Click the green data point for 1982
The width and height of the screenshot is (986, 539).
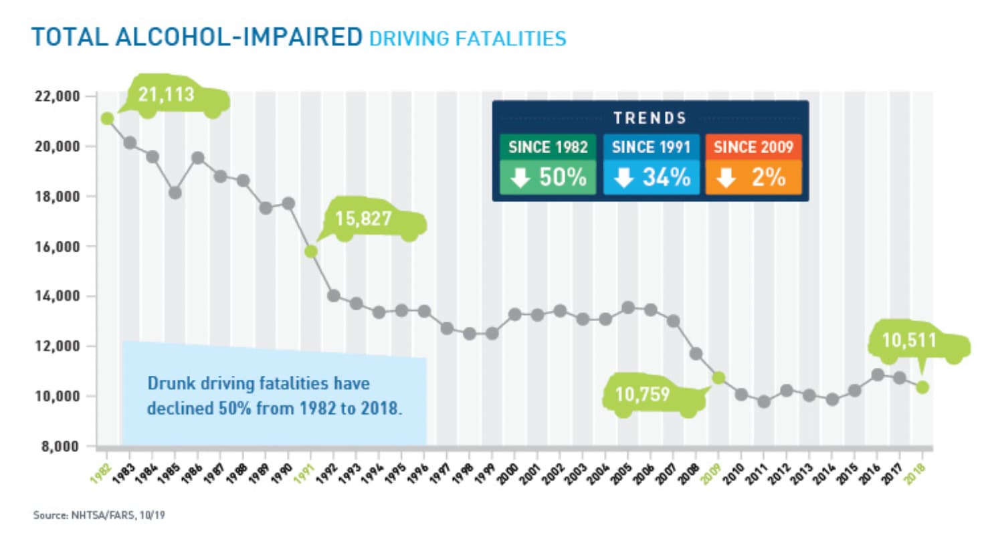pyautogui.click(x=107, y=118)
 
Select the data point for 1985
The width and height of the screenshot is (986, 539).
pyautogui.click(x=175, y=193)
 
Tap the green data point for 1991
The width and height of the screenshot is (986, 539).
pyautogui.click(x=311, y=251)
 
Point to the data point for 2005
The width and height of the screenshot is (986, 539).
pyautogui.click(x=628, y=308)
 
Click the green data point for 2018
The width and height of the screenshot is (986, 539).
pyautogui.click(x=922, y=387)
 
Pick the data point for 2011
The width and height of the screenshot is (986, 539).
pyautogui.click(x=764, y=402)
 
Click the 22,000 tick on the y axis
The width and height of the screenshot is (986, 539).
pyautogui.click(x=58, y=96)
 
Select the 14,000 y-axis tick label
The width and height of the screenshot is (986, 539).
pyautogui.click(x=58, y=296)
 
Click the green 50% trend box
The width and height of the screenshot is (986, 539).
pyautogui.click(x=547, y=178)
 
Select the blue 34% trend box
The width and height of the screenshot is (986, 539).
pyautogui.click(x=651, y=178)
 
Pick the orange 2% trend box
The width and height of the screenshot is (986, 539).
pyautogui.click(x=753, y=178)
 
